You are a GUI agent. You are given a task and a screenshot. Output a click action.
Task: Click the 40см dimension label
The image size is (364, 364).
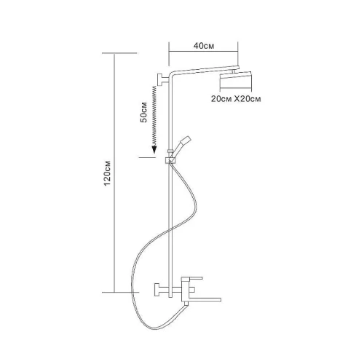(x=204, y=46)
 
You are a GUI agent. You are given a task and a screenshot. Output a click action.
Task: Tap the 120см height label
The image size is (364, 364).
(x=107, y=173)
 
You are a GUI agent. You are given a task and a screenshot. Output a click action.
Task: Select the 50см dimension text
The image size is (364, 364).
(x=144, y=112)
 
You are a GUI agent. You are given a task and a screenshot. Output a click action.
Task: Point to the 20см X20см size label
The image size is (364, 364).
(x=236, y=99)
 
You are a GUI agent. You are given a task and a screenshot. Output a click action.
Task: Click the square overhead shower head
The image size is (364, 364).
(x=236, y=79)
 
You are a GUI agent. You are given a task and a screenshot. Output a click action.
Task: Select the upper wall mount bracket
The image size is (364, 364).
(x=163, y=79)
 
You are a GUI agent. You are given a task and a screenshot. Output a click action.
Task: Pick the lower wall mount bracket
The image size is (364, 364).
(x=161, y=290)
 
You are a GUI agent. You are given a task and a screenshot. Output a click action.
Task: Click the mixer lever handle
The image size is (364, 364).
(x=192, y=278)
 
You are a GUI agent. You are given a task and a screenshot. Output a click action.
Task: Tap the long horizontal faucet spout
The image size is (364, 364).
(x=205, y=300)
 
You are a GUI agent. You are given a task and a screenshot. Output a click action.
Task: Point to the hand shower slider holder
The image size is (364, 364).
(x=170, y=160)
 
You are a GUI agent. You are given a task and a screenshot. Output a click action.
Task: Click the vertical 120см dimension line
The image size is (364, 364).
(x=114, y=173)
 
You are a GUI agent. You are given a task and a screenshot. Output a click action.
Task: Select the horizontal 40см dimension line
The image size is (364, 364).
(x=203, y=51)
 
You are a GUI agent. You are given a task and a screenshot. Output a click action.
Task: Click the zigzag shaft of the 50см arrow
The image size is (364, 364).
(x=154, y=116)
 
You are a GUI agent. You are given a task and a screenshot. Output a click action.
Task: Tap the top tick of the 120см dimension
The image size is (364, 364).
(x=119, y=53)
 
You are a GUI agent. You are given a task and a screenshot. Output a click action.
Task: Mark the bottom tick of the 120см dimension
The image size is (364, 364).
(x=120, y=292)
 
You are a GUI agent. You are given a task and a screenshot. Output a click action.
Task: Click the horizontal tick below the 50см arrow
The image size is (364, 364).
(x=147, y=157)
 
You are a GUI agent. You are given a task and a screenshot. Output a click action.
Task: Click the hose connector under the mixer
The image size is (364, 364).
(x=186, y=304)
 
